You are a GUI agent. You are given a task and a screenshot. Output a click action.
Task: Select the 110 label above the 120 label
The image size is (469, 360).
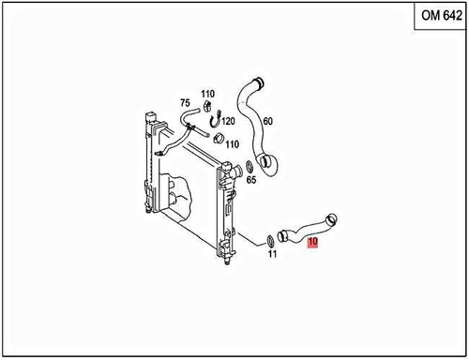point(207,94)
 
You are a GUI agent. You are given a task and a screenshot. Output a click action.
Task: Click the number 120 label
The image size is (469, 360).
point(227,122)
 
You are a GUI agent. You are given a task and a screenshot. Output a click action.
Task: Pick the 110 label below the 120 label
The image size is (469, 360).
point(231,143)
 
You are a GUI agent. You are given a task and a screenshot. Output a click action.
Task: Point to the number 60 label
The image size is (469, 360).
point(267,121)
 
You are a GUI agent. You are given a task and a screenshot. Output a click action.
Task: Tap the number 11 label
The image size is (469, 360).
point(272,253)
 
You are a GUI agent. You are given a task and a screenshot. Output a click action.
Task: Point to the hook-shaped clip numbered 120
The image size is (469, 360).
point(215,120)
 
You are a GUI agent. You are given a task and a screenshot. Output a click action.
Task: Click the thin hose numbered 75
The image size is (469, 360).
point(181,128)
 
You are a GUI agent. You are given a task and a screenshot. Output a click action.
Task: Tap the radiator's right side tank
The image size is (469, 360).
point(225,216)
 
